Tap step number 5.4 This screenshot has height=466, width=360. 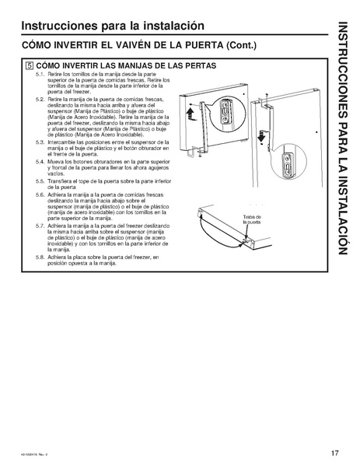[x=40, y=163]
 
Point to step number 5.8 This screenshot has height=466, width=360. [x=40, y=256]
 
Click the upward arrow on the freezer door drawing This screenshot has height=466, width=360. [x=189, y=117]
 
